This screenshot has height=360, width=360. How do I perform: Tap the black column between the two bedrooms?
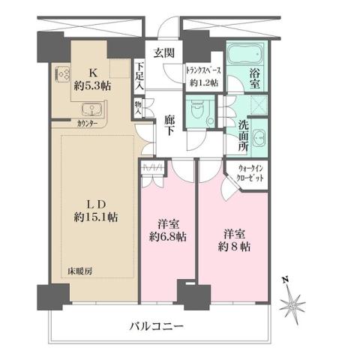click(183, 293)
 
